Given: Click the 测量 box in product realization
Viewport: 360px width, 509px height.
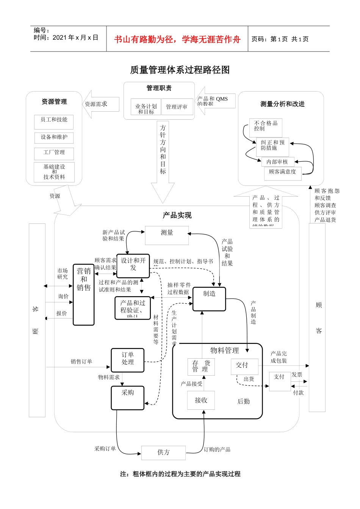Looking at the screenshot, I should pos(167,235).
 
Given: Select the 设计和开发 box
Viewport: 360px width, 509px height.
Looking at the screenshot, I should pos(133,265).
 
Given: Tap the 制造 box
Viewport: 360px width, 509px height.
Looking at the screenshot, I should pos(209,299).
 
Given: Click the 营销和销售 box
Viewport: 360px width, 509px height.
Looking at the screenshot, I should pos(84,295).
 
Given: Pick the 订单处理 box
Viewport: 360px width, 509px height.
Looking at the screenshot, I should pos(128,360).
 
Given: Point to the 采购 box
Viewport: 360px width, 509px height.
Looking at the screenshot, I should pos(128,398).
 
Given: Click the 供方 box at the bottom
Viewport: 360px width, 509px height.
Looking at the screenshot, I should pos(163,453).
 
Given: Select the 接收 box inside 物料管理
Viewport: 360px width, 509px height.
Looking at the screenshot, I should pos(201,400).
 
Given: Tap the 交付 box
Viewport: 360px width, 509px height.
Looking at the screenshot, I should pos(244,367).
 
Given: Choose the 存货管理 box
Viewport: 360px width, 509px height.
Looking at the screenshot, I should pos(201,367).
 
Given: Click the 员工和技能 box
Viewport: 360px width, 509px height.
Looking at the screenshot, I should pos(54,122).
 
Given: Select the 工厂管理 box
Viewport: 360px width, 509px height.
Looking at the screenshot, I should pos(54,153).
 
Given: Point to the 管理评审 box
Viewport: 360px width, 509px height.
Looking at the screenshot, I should pos(177,107).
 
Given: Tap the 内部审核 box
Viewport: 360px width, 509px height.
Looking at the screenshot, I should pos(277,162).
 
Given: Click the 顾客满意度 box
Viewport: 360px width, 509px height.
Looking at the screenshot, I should pos(283,173).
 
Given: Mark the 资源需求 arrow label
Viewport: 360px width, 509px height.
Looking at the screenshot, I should pos(96,104).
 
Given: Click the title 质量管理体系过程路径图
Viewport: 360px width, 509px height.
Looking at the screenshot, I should pos(180,70).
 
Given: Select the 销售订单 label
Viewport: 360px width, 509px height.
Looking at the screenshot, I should pos(81,362).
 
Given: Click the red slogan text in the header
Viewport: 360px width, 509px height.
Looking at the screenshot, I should pos(177,39).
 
